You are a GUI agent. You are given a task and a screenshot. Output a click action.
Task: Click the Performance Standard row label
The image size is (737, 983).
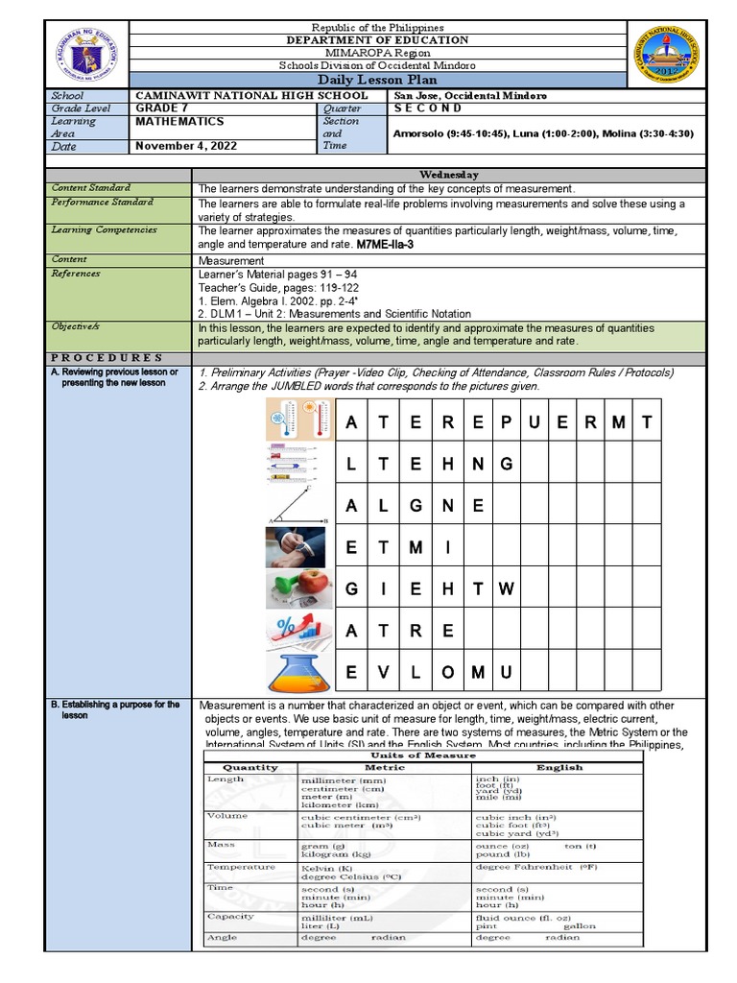pos(91,204)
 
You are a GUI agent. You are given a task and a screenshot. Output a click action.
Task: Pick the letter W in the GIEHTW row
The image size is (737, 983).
pos(508,589)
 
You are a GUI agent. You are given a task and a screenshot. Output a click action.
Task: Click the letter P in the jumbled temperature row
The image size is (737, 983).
pos(508,422)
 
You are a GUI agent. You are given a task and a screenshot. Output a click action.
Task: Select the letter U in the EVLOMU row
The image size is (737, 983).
pos(508,672)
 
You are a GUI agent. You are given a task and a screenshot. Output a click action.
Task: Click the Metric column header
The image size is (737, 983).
pos(385,767)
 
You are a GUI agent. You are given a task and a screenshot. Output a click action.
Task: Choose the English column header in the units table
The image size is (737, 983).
pos(559,767)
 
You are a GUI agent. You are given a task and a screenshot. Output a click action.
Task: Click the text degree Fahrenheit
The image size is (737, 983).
pos(524,867)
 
